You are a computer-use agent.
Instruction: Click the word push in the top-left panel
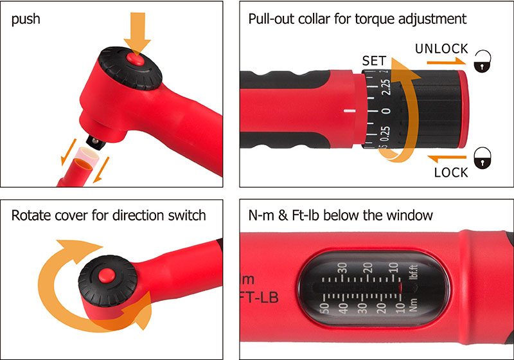26,18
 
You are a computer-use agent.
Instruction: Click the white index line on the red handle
350,111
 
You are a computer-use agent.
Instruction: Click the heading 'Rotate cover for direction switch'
109,215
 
